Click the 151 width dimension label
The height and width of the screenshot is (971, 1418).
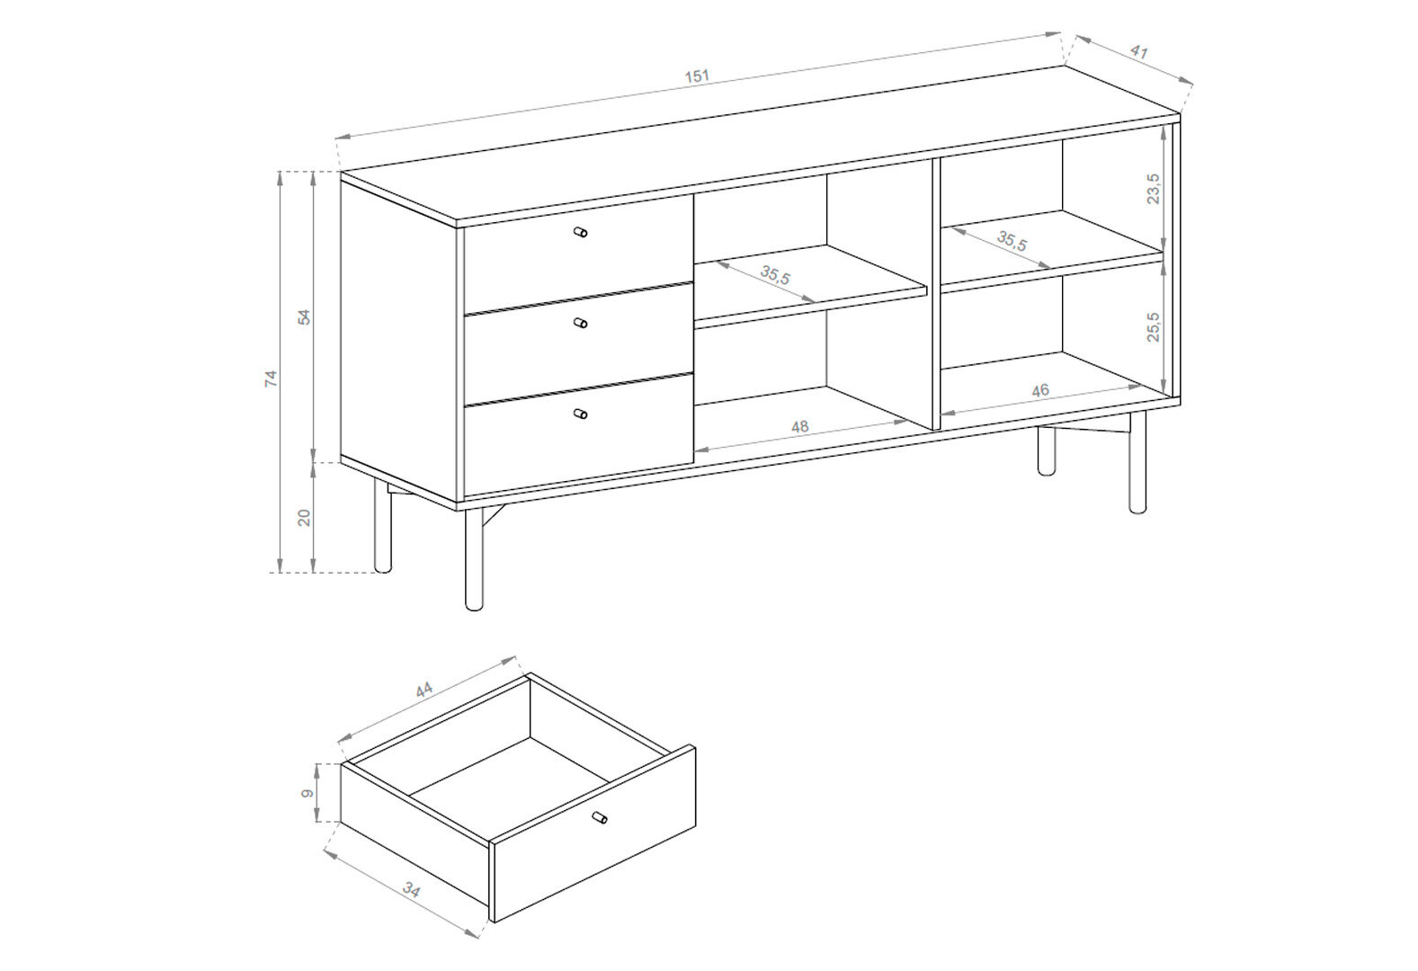pyautogui.click(x=697, y=76)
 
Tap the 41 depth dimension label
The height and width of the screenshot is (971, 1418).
pyautogui.click(x=1139, y=52)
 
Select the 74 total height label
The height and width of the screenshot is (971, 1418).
pyautogui.click(x=271, y=379)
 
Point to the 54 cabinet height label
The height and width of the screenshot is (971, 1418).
pyautogui.click(x=305, y=317)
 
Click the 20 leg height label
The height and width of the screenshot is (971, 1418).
pyautogui.click(x=305, y=517)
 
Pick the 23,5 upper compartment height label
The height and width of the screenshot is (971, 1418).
pyautogui.click(x=1154, y=189)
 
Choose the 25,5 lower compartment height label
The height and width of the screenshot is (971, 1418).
pyautogui.click(x=1154, y=326)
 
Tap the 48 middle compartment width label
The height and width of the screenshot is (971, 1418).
pyautogui.click(x=800, y=427)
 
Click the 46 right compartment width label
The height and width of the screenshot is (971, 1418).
pyautogui.click(x=1040, y=390)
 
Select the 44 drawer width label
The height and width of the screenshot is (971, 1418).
pyautogui.click(x=424, y=690)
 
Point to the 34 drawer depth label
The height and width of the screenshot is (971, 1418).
pyautogui.click(x=411, y=891)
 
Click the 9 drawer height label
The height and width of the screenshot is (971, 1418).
pyautogui.click(x=308, y=793)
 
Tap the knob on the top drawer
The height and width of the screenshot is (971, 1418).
pyautogui.click(x=581, y=232)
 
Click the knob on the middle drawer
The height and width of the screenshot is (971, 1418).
pyautogui.click(x=581, y=324)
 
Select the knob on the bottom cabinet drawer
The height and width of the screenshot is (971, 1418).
pyautogui.click(x=581, y=414)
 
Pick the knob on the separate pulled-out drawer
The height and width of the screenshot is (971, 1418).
pyautogui.click(x=600, y=818)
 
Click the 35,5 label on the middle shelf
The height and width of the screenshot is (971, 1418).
pyautogui.click(x=775, y=276)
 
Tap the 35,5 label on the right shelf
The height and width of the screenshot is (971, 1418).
pyautogui.click(x=1012, y=241)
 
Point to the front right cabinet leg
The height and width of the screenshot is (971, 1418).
pyautogui.click(x=1137, y=462)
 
